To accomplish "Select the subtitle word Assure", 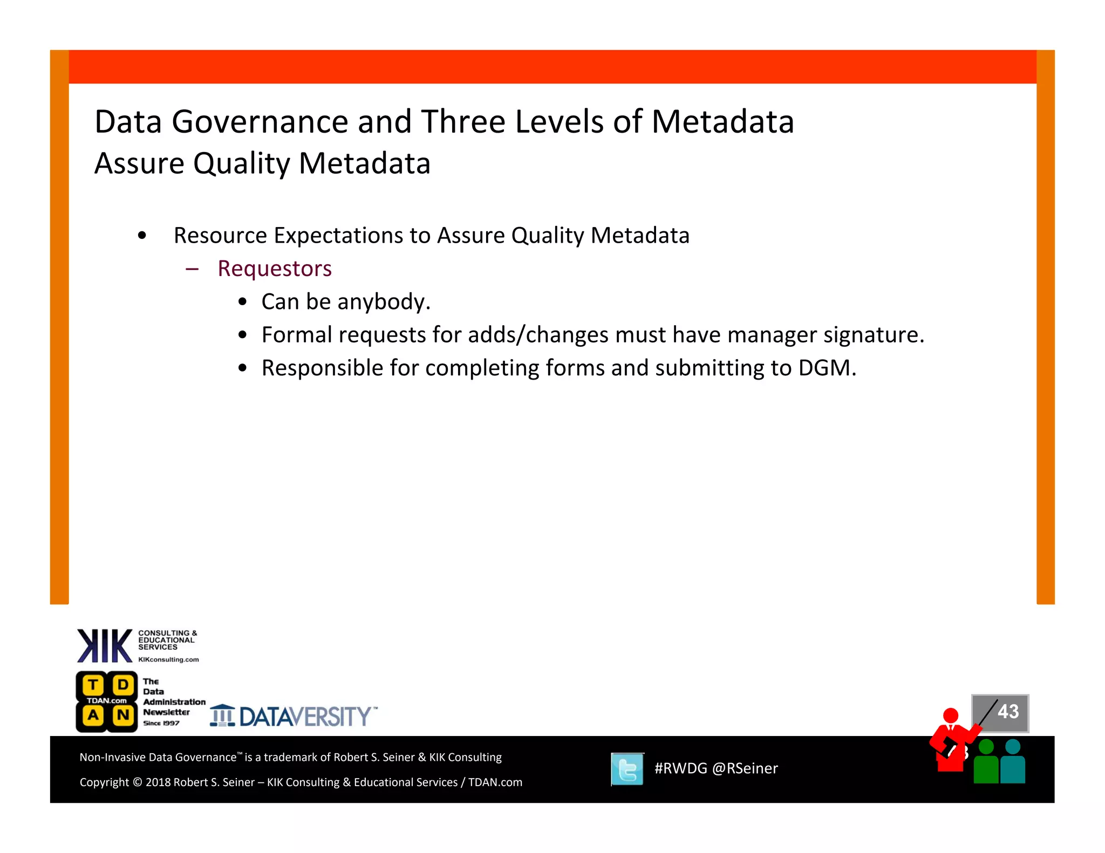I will (139, 163).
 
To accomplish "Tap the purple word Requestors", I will (275, 269).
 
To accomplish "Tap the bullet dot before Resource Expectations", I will (142, 236).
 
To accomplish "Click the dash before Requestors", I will (192, 269).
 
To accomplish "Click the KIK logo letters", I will (105, 645).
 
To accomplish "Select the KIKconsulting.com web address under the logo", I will (168, 659).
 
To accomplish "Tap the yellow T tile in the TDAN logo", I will (93, 685).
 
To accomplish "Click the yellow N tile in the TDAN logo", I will (123, 716).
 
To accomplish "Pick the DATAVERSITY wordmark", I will (305, 717).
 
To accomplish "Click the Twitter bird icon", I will (627, 769).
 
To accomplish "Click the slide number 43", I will (1007, 711).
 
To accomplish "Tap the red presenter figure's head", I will (950, 716).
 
